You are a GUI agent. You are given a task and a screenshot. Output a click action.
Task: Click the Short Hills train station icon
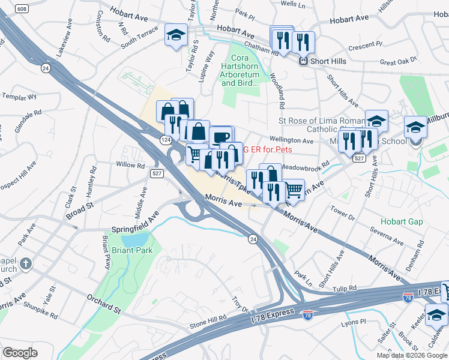(x=304, y=60)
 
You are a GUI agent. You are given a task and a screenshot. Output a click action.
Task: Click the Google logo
(x=20, y=352)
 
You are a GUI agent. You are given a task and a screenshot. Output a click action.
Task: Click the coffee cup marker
(x=220, y=136)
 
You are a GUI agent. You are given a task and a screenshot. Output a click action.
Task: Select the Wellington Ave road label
(x=292, y=141)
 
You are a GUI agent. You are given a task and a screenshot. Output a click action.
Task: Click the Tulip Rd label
(x=344, y=288)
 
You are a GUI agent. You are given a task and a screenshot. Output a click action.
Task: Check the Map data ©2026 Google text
(x=411, y=355)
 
